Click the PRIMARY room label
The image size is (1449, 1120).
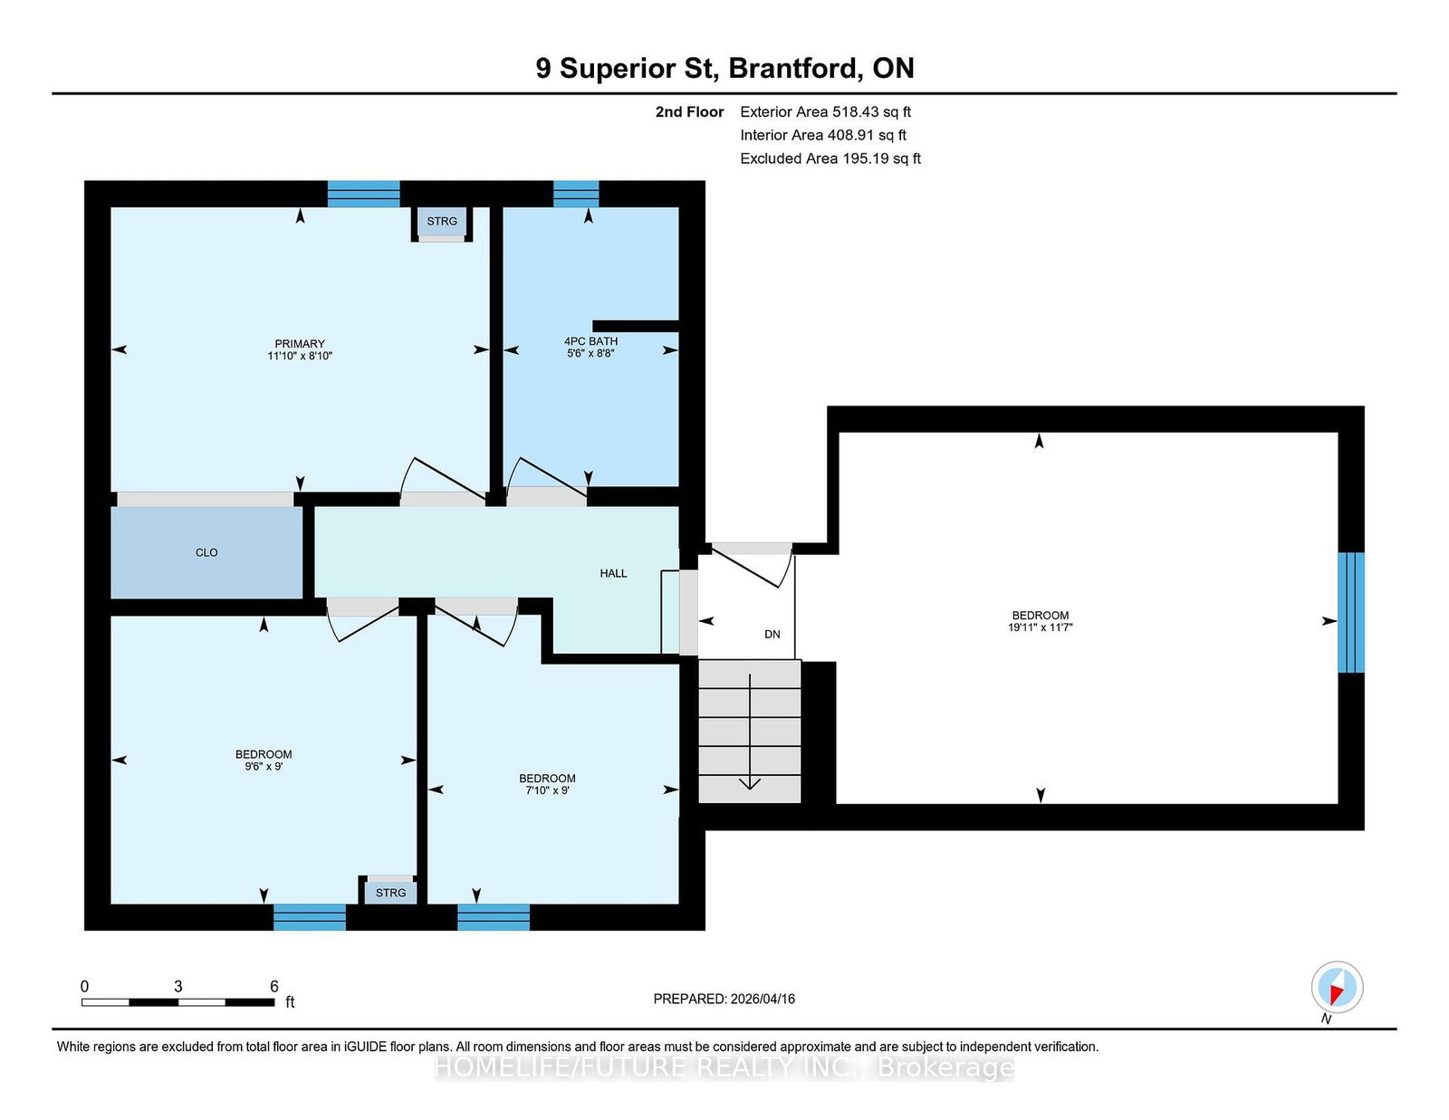(x=300, y=344)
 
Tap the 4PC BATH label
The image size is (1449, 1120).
(x=590, y=341)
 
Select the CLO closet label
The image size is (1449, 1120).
(x=206, y=552)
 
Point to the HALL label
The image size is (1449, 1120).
(x=613, y=573)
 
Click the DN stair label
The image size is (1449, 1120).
(x=772, y=635)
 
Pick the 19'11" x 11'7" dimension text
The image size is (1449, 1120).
(x=1041, y=627)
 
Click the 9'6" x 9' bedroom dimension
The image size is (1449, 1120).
(x=264, y=767)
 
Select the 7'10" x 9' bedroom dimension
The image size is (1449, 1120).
(x=548, y=790)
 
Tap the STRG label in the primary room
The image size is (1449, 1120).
(x=442, y=221)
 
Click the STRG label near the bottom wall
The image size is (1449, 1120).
(x=390, y=893)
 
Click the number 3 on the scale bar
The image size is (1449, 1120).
(x=178, y=987)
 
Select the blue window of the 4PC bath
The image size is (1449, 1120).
(x=576, y=194)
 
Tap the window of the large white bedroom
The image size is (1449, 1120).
(x=1351, y=613)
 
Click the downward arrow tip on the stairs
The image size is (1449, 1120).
(x=750, y=790)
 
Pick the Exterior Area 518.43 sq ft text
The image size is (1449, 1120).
(x=826, y=112)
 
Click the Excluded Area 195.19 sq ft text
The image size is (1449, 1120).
(x=830, y=158)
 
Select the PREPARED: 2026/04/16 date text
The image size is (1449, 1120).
(x=724, y=999)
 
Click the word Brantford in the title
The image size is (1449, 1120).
(x=792, y=69)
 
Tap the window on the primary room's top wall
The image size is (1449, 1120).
(x=363, y=194)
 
